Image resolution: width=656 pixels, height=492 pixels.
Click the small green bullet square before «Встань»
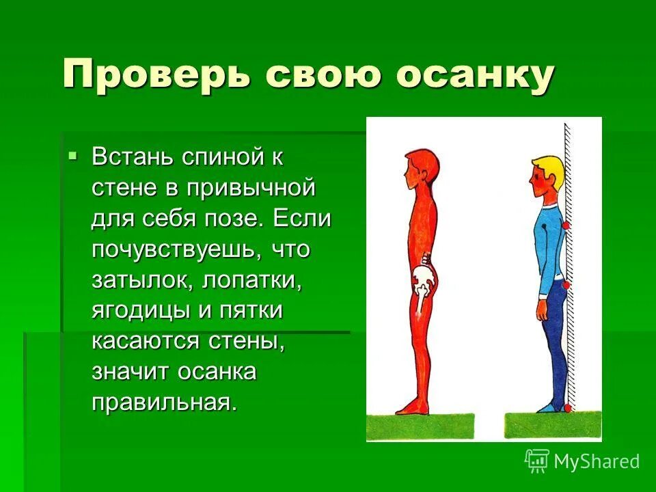74,156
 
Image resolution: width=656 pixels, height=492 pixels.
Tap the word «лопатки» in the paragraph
246,279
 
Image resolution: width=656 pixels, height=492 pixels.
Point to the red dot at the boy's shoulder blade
566,225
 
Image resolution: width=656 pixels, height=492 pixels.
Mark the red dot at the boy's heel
567,408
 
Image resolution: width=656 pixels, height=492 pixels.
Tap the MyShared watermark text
595,461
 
